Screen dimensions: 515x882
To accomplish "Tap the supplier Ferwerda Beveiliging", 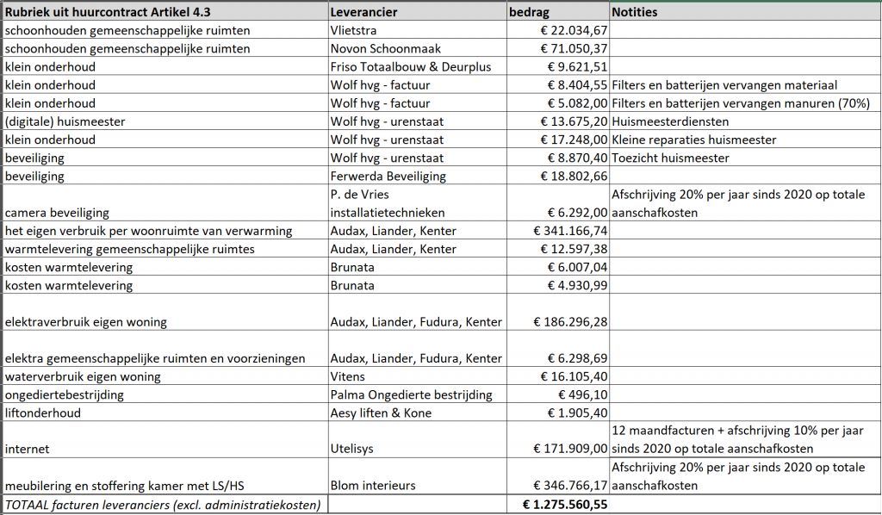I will coord(388,176).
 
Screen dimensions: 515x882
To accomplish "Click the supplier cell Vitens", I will coord(347,376).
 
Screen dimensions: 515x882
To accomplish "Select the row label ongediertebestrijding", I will coord(65,394).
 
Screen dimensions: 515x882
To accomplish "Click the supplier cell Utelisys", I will coord(353,449).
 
